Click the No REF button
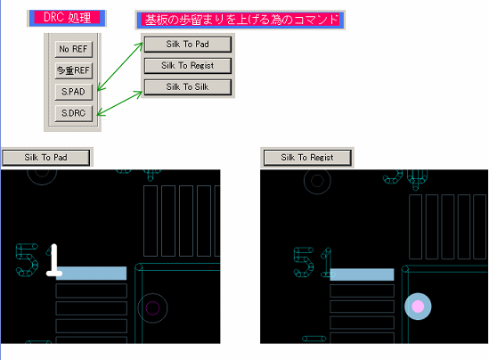click(74, 49)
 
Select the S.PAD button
click(74, 92)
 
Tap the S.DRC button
click(74, 113)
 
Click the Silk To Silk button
click(187, 87)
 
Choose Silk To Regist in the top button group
click(187, 66)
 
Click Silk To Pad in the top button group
click(187, 45)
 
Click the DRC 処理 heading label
click(67, 18)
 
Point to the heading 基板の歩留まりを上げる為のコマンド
click(240, 20)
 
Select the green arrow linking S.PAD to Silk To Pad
click(120, 67)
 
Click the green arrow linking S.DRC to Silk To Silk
click(119, 103)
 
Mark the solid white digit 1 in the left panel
click(54, 260)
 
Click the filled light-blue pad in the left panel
click(92, 274)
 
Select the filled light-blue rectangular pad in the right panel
click(362, 274)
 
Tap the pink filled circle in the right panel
click(418, 307)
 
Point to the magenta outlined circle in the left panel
click(152, 308)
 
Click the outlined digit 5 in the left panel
click(27, 260)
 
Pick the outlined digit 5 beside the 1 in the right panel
click(304, 262)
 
